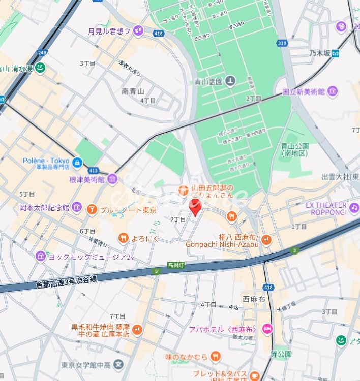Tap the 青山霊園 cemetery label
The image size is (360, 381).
pyautogui.click(x=208, y=81)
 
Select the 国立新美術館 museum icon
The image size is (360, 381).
pyautogui.click(x=333, y=91)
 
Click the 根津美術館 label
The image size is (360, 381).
pyautogui.click(x=87, y=179)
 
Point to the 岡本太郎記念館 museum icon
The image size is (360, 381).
pyautogui.click(x=76, y=207)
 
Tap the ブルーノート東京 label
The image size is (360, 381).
pyautogui.click(x=128, y=210)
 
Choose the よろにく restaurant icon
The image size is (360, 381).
pyautogui.click(x=123, y=238)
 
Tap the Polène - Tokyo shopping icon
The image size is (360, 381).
pyautogui.click(x=77, y=163)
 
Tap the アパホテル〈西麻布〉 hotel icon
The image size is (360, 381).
pyautogui.click(x=267, y=330)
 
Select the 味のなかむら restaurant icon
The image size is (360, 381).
pyautogui.click(x=216, y=357)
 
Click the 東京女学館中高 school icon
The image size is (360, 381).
pyautogui.click(x=118, y=364)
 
